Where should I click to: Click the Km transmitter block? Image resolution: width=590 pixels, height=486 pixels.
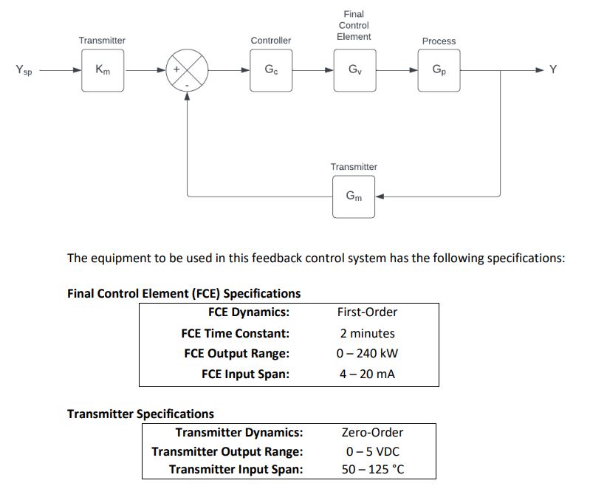[103, 70]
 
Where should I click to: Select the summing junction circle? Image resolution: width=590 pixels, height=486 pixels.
[188, 71]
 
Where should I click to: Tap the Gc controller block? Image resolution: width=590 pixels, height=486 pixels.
[271, 70]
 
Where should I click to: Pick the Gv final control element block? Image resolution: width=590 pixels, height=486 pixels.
[354, 70]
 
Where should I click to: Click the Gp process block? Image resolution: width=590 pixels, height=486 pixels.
[439, 70]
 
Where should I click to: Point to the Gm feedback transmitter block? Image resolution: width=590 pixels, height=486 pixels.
[354, 196]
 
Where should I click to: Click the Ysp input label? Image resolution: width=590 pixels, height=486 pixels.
[24, 71]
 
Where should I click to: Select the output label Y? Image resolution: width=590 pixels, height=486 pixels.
[553, 70]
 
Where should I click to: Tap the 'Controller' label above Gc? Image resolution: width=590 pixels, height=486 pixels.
[271, 41]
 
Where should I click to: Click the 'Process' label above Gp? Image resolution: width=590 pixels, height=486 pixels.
[439, 41]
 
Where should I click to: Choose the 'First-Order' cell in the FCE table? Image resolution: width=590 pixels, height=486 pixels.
[367, 312]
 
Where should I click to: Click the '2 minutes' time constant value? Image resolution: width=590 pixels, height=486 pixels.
[367, 333]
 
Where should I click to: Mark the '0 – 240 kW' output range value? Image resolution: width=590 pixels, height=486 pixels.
[367, 353]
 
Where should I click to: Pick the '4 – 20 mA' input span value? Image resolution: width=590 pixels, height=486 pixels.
[367, 374]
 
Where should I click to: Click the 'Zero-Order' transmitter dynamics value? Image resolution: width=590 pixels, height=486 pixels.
[372, 433]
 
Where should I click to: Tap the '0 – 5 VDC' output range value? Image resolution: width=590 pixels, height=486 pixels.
[372, 451]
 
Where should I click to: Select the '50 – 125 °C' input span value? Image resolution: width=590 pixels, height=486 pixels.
[372, 470]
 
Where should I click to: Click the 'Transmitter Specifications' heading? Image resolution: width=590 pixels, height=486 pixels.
[140, 414]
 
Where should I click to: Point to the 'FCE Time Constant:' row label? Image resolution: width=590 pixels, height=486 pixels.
[235, 333]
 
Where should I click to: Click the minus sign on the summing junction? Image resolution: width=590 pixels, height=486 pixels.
[187, 85]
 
